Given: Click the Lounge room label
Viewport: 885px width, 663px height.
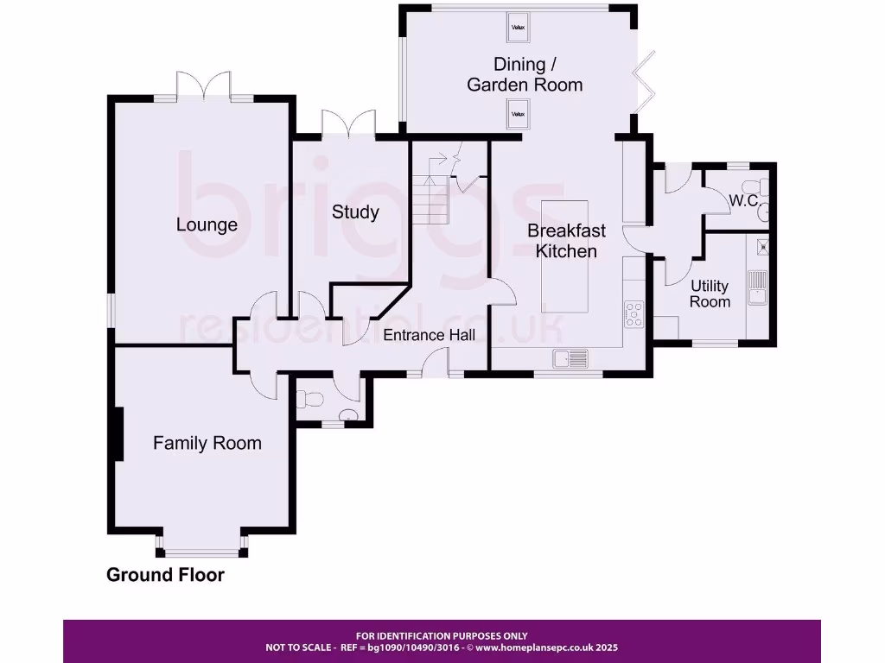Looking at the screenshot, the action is pos(207,224).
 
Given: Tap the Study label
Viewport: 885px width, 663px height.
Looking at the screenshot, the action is pos(355,212).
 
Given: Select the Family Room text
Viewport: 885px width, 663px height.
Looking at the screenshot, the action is pos(207,443).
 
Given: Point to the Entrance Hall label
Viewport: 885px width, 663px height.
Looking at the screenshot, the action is pos(429,335).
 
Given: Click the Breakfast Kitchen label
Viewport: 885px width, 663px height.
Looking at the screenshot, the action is pos(566,241).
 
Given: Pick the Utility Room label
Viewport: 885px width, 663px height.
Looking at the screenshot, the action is pos(710,294).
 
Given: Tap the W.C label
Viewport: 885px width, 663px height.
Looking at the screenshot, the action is pos(743,200).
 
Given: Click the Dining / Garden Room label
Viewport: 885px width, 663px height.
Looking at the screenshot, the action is pos(525,74).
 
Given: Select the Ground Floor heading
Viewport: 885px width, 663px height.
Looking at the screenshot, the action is pos(165,574).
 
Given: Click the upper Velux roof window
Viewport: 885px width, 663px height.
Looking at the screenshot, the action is pos(518,27).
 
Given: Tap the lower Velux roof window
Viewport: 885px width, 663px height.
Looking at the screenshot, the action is pos(518,114).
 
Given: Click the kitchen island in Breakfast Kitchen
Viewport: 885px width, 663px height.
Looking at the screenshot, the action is pos(564,256).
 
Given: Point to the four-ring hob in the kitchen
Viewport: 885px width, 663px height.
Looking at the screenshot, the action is pos(634,314).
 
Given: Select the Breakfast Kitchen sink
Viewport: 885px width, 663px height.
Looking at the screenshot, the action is pos(570,358).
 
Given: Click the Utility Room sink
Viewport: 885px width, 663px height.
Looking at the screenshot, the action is pos(757,287).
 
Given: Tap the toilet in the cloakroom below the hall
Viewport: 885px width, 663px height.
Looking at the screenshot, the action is pos(309,399).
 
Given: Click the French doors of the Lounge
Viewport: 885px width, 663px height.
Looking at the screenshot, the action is pos(204,85).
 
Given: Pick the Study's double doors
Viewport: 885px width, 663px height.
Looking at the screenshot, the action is pos(348,123).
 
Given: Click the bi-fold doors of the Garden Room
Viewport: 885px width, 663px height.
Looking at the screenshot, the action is pos(643,82).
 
